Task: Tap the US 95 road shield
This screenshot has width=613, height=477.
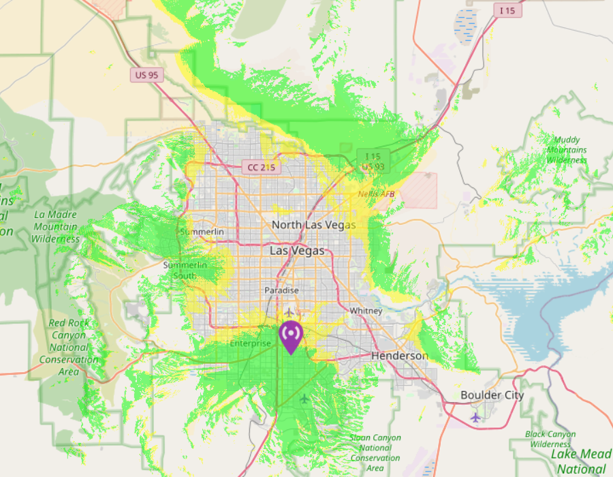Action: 147,75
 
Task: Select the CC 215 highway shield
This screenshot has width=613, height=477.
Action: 262,167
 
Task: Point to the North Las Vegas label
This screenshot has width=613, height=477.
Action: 313,224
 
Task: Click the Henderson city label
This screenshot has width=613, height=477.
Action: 399,356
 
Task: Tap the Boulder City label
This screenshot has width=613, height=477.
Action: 492,395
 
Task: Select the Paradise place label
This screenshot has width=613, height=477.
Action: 282,290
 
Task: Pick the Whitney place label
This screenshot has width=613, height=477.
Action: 366,311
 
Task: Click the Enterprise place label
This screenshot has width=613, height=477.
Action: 250,343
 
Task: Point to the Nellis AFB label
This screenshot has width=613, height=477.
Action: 376,194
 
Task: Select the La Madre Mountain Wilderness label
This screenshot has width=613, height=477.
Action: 55,226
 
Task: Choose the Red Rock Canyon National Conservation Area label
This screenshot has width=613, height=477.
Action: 68,347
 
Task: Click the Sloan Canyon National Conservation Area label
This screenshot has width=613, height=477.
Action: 375,452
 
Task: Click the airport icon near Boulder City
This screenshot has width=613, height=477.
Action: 475,416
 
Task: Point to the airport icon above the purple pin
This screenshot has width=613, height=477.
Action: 290,312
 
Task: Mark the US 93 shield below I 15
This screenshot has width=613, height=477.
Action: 373,167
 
